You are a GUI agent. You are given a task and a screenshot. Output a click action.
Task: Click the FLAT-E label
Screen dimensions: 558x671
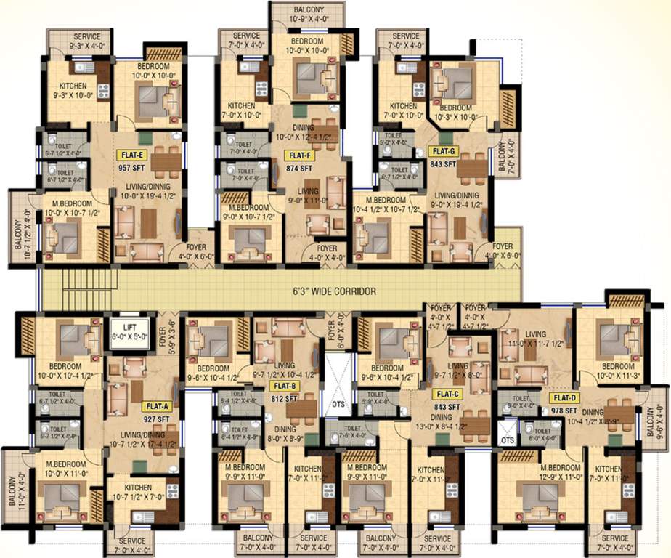pyautogui.click(x=131, y=155)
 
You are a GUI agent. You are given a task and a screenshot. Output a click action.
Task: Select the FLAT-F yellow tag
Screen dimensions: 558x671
pyautogui.click(x=301, y=155)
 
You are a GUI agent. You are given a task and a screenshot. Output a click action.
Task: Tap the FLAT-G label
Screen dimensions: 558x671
pyautogui.click(x=442, y=151)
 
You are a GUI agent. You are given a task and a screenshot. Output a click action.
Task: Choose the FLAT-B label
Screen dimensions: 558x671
pyautogui.click(x=284, y=386)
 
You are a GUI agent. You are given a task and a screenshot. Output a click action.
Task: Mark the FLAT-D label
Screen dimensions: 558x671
pyautogui.click(x=564, y=397)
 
